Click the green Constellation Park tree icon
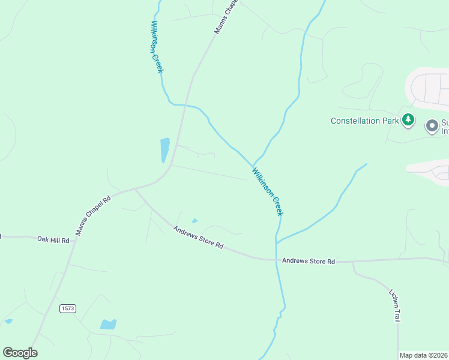(x=408, y=120)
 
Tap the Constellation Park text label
(x=365, y=121)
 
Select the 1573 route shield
(x=68, y=308)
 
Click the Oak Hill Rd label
(x=53, y=240)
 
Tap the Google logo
(x=20, y=353)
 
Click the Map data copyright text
(x=423, y=355)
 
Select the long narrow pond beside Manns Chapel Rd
(x=164, y=150)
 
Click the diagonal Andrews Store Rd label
(x=198, y=238)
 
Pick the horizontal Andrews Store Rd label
(x=308, y=261)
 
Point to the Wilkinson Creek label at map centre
(x=268, y=191)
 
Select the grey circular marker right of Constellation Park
(x=432, y=126)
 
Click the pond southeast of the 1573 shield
(x=108, y=325)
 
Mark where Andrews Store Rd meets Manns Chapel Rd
(x=136, y=189)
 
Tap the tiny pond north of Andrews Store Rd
(x=194, y=221)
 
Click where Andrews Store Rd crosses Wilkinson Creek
(x=276, y=260)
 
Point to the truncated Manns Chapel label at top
(x=226, y=16)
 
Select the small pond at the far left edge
(x=8, y=321)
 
